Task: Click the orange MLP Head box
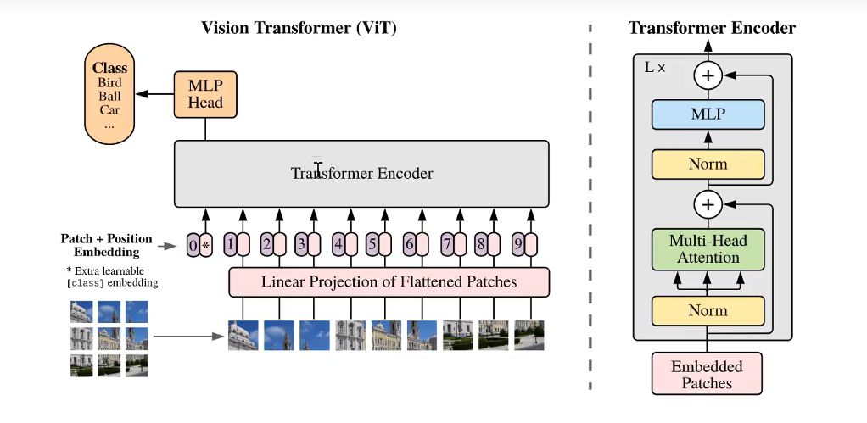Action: [205, 94]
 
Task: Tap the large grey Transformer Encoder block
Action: [361, 174]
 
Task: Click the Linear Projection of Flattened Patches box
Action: [389, 281]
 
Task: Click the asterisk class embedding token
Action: [205, 246]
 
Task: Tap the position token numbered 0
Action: [193, 246]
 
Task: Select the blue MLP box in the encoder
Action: [708, 114]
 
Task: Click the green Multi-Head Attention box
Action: [708, 249]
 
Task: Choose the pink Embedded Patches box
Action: [707, 375]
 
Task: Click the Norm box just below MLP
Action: [708, 164]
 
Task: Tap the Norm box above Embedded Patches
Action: [708, 311]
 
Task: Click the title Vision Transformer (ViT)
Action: [299, 28]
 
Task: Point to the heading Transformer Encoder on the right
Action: [712, 28]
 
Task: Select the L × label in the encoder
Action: [655, 67]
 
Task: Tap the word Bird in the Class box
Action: [109, 83]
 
